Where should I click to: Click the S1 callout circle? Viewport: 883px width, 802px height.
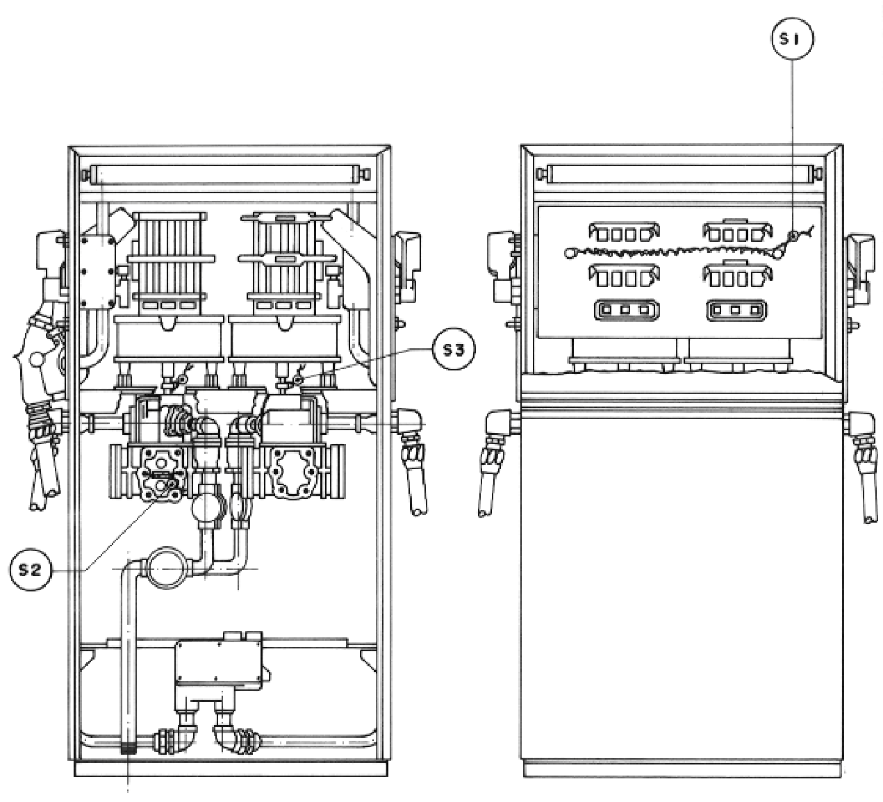tap(792, 39)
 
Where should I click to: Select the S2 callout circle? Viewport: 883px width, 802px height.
tap(31, 569)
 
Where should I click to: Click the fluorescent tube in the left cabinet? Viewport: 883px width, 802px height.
tap(228, 175)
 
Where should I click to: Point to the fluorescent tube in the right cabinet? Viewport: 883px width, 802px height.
tap(679, 174)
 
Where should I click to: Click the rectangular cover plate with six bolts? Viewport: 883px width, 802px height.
tap(99, 271)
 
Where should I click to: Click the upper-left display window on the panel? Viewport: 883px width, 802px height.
tap(624, 233)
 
